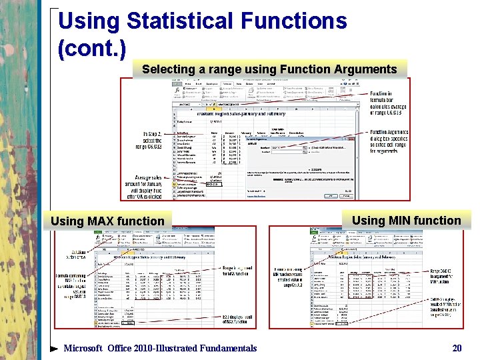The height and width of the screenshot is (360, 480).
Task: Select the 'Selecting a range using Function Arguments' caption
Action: [269, 69]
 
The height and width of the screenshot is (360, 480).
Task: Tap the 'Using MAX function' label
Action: [107, 221]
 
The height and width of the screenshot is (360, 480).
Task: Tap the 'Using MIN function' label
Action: [406, 221]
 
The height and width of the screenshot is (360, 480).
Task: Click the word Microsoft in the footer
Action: [83, 348]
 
